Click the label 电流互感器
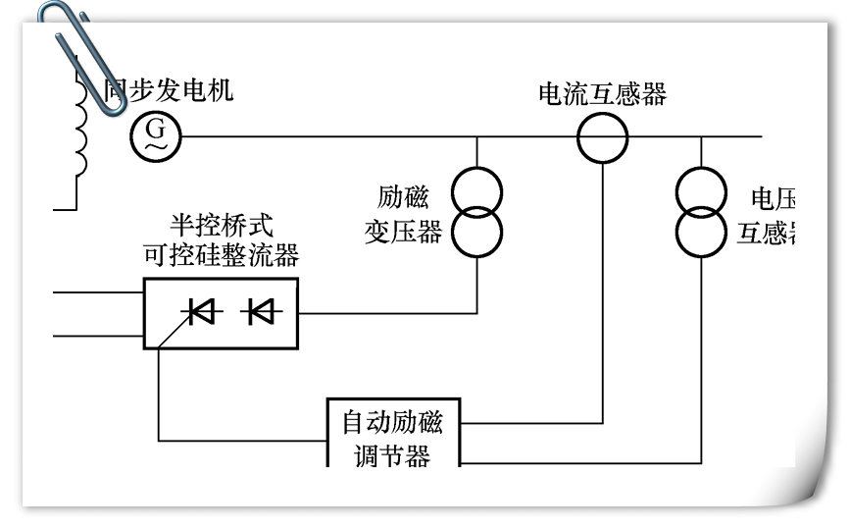(x=602, y=93)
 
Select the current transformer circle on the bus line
(x=600, y=136)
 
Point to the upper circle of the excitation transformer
(x=476, y=190)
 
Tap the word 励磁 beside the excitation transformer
(x=403, y=197)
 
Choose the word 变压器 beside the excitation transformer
(x=403, y=233)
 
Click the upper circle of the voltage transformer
(x=701, y=190)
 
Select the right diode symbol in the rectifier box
(x=262, y=312)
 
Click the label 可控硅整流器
(x=221, y=256)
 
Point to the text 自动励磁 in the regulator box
(x=392, y=423)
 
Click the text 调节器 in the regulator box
(x=392, y=455)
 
